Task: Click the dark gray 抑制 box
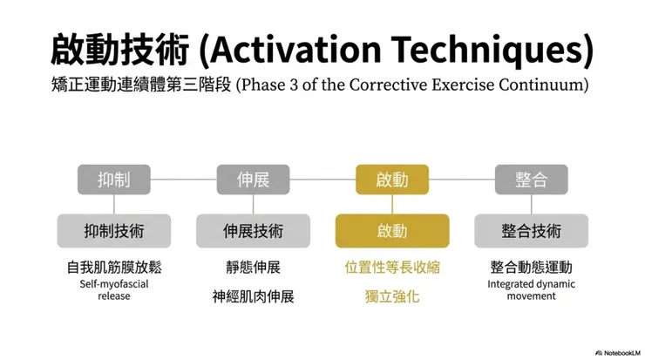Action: click(x=114, y=180)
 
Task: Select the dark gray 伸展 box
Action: click(x=253, y=180)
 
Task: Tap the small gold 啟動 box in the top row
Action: click(x=392, y=180)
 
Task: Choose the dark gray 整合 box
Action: click(x=531, y=180)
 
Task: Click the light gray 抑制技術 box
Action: click(x=114, y=231)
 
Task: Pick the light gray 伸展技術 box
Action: click(x=253, y=231)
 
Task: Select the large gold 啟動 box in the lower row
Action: click(x=392, y=231)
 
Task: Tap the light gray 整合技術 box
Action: click(x=531, y=231)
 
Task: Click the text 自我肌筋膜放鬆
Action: click(x=114, y=268)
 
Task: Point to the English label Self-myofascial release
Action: click(x=114, y=289)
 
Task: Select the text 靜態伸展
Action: click(x=253, y=268)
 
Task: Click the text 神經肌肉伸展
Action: click(x=253, y=296)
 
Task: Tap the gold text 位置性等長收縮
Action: click(x=392, y=268)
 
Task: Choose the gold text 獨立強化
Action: click(x=392, y=296)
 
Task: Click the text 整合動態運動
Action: click(x=531, y=268)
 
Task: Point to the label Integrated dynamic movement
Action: click(x=531, y=289)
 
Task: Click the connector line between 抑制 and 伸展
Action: click(x=183, y=180)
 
